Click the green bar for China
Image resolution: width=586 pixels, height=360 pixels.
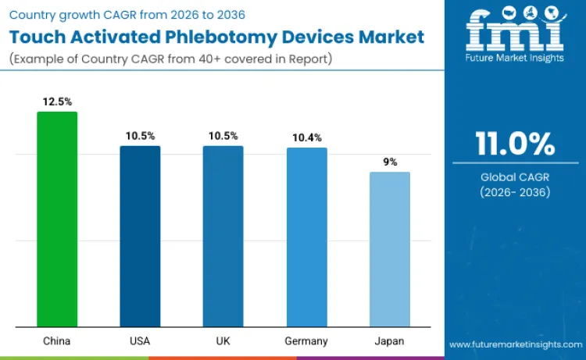(x=57, y=219)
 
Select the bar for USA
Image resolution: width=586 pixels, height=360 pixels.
(x=140, y=236)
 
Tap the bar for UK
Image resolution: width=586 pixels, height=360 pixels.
(x=223, y=236)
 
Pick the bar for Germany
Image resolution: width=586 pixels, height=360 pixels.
(x=306, y=237)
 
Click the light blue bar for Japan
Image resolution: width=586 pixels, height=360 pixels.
(x=389, y=248)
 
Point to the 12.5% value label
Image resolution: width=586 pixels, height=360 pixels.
(x=57, y=102)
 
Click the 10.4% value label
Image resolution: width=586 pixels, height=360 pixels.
(x=306, y=137)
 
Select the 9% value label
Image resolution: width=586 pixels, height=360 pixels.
(x=389, y=162)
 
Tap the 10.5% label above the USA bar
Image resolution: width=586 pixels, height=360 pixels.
(x=140, y=136)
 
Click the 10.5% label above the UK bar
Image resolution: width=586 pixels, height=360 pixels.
(x=223, y=136)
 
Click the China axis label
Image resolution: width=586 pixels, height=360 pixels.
(x=57, y=341)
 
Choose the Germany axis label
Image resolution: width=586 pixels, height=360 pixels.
(x=306, y=341)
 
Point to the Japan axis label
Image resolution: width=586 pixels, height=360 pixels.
(x=389, y=341)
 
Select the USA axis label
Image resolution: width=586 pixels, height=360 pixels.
(x=140, y=341)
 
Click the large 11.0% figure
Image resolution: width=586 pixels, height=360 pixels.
(x=515, y=144)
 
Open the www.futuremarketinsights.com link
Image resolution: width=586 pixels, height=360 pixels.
(x=515, y=344)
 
